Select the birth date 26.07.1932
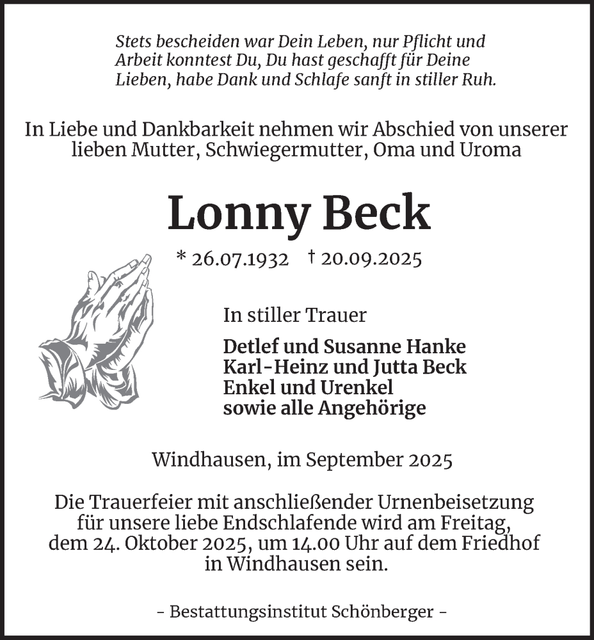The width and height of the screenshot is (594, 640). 241,259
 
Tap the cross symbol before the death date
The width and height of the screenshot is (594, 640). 312,257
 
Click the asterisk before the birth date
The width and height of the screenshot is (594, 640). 181,258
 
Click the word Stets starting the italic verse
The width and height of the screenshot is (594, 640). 135,42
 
